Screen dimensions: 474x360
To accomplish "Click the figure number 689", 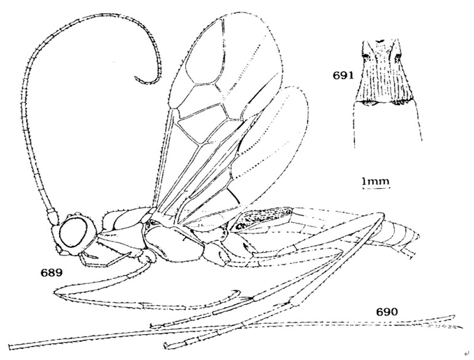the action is tap(52, 272).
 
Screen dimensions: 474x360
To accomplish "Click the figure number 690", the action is tap(388, 311).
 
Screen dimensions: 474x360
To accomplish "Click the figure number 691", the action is tap(343, 75).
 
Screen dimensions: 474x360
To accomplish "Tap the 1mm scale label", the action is tap(376, 181).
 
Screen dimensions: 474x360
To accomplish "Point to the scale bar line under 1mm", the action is tap(377, 188).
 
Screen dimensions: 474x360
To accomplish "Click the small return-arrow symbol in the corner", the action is tap(466, 353).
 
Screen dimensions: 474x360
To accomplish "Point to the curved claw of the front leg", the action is tap(235, 293).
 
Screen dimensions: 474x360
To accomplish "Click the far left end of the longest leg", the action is tap(10, 347).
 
